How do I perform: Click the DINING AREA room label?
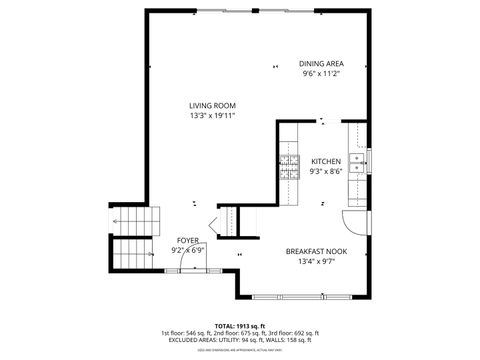tap(322, 63)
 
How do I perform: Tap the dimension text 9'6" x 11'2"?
tap(322, 74)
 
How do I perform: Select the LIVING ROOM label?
tap(212, 105)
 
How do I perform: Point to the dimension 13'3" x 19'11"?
tap(212, 116)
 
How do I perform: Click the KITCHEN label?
tap(326, 161)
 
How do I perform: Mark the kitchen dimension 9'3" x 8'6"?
tap(326, 172)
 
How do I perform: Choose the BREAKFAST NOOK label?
tap(316, 252)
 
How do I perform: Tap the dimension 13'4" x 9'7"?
tap(316, 262)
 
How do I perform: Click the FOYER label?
tap(187, 241)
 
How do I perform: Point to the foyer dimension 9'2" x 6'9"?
tap(187, 251)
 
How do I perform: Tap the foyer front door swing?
tap(211, 226)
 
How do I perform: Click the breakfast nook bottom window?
tap(303, 296)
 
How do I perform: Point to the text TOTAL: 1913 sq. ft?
tap(240, 325)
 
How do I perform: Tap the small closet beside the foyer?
tap(229, 220)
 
